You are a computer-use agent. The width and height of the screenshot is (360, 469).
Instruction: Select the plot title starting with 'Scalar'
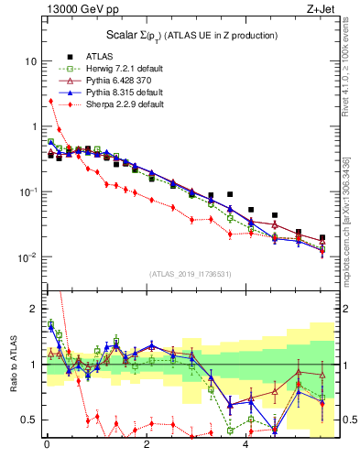tap(190, 35)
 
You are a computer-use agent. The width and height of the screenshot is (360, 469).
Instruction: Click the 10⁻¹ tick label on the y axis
tap(28, 191)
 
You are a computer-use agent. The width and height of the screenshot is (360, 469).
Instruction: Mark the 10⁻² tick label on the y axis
tap(28, 257)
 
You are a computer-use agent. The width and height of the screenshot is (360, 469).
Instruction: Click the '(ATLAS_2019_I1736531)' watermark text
tap(190, 274)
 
